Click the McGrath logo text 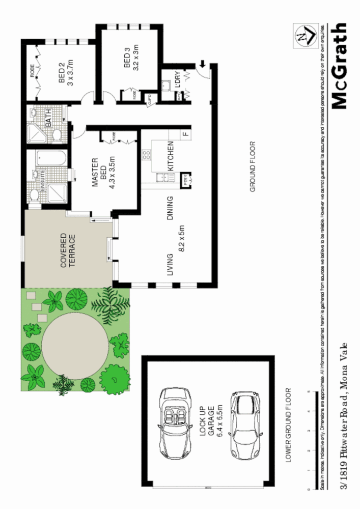(x=340, y=66)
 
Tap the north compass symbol (x=304, y=35)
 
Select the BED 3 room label (x=127, y=59)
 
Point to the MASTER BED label (x=95, y=175)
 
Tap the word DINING (x=171, y=209)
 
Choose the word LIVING (x=171, y=264)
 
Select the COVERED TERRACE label (x=68, y=250)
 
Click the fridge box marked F (x=186, y=134)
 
